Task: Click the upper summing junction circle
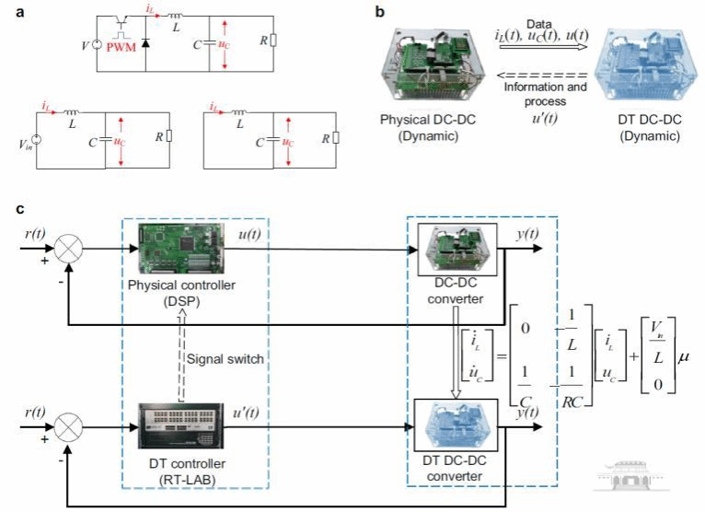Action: click(x=70, y=248)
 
